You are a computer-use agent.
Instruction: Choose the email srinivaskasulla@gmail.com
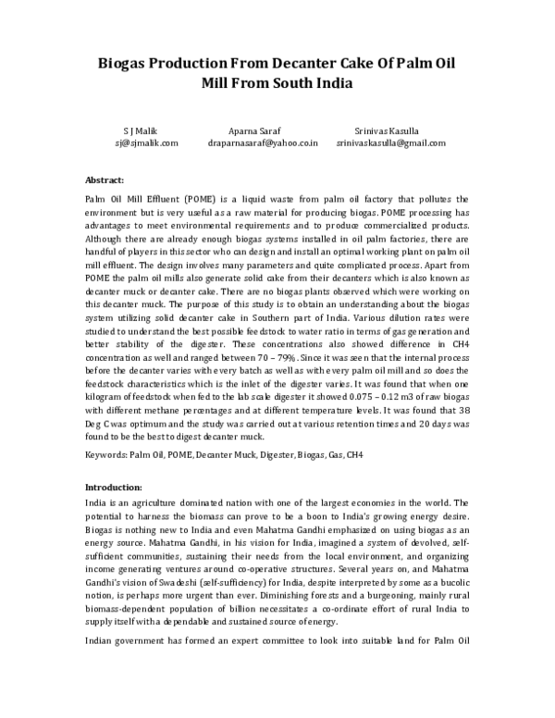(x=391, y=143)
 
